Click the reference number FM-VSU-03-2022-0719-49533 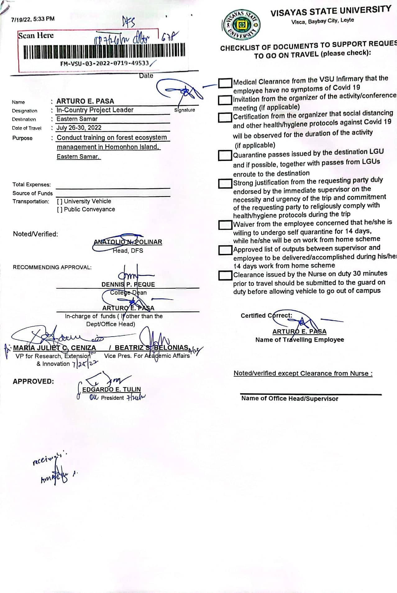105,63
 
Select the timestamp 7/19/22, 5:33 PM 33,19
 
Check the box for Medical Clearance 225,83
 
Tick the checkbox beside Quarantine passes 225,155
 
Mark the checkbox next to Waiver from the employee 225,225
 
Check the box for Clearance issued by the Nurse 225,275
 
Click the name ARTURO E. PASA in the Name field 85,101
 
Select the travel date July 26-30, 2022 79,128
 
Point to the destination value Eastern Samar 77,119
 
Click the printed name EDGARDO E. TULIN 111,389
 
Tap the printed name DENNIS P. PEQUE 128,284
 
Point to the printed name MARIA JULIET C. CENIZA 54,348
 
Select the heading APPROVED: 33,381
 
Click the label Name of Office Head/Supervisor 290,399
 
